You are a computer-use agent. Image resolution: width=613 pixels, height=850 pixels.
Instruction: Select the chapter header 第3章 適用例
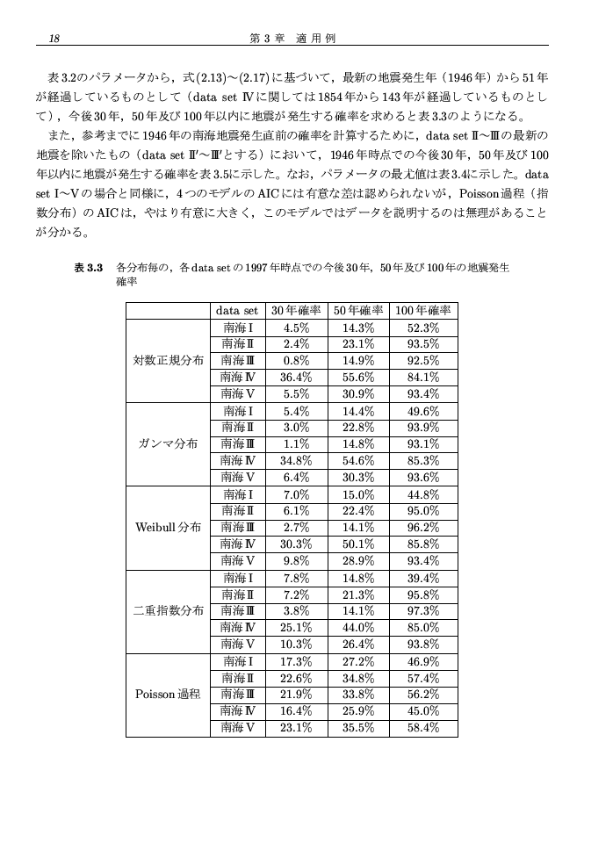(293, 38)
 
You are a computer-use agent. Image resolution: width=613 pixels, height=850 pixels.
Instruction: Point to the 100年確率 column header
(424, 310)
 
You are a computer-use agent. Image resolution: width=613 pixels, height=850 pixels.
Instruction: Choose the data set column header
(237, 310)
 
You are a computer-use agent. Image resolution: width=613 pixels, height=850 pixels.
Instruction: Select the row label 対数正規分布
(169, 360)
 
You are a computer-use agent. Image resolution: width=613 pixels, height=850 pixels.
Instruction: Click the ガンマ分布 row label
(169, 443)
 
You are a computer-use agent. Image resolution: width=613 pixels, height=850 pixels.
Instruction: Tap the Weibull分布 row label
(169, 527)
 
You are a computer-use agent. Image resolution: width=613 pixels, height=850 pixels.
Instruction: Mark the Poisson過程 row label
(169, 694)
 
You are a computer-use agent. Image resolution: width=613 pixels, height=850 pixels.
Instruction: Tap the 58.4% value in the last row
(424, 727)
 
